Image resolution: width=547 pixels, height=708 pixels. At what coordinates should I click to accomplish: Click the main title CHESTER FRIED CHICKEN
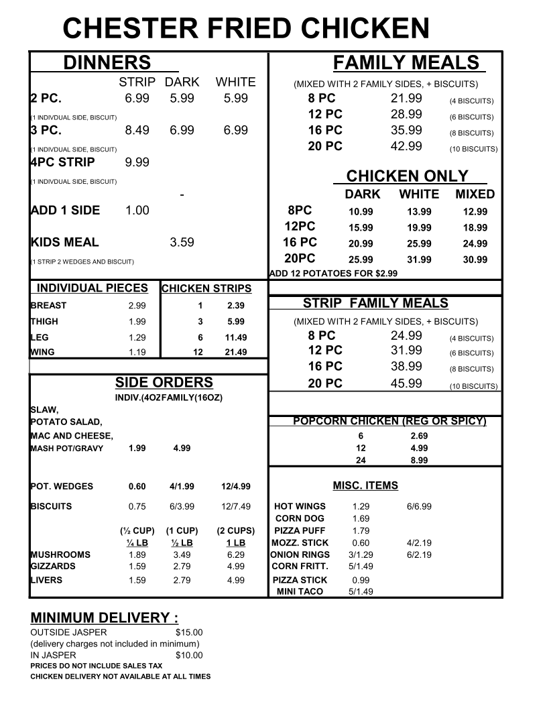click(246, 28)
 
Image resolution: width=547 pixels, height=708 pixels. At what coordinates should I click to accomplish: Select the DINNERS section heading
click(107, 63)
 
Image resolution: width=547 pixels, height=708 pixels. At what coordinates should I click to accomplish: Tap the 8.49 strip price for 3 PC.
click(137, 130)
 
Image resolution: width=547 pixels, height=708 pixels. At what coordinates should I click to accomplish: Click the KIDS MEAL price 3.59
click(182, 242)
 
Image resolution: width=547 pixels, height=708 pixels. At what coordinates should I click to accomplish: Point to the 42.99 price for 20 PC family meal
click(406, 146)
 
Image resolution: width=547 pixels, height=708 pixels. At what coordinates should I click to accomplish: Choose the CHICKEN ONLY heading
click(407, 176)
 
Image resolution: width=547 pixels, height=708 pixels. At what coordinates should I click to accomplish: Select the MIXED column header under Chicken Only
click(475, 194)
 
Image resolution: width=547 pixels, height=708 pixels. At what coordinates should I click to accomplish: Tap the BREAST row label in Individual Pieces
click(49, 306)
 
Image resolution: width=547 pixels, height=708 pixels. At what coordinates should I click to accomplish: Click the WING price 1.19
click(137, 351)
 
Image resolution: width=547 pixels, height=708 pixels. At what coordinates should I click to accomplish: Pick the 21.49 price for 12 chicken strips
click(235, 352)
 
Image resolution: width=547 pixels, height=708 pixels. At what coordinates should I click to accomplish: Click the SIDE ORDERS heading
click(164, 383)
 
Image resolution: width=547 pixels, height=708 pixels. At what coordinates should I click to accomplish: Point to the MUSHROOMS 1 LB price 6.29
click(235, 554)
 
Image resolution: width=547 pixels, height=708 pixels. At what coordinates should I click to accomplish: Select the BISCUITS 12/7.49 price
click(235, 506)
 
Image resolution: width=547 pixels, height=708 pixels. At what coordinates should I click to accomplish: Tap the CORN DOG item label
click(300, 518)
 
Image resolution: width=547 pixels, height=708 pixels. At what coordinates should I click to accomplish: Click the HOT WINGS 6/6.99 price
click(419, 506)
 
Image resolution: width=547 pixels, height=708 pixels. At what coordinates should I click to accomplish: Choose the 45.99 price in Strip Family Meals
click(406, 383)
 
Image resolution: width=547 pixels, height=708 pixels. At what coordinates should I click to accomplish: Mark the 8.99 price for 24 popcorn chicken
click(419, 461)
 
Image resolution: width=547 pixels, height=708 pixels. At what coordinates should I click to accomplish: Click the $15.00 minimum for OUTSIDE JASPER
click(188, 632)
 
